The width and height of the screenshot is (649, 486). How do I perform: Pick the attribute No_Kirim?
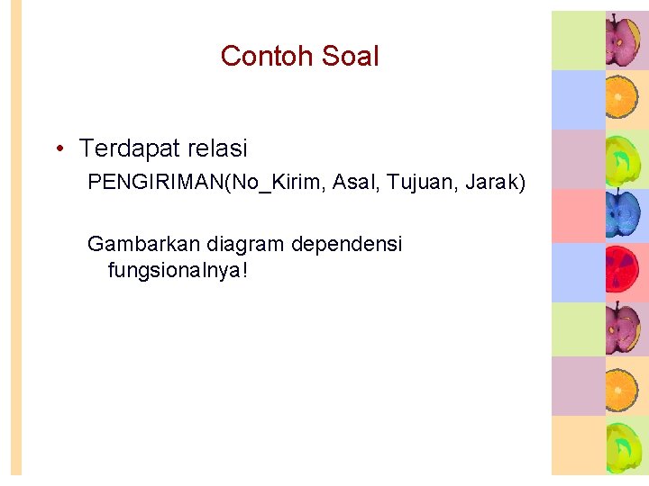[279, 184]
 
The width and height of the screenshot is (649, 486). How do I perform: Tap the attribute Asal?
[357, 184]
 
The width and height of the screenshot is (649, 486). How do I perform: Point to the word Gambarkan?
[144, 244]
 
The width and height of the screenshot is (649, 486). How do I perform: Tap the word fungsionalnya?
[173, 269]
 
